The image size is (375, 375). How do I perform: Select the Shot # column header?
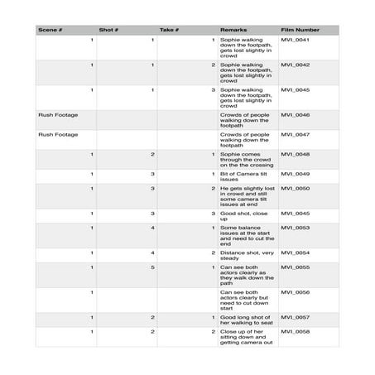109,30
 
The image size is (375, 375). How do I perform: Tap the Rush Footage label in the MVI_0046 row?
58,114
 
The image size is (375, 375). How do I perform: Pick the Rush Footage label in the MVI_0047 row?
58,134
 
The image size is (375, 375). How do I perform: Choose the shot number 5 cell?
152,267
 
